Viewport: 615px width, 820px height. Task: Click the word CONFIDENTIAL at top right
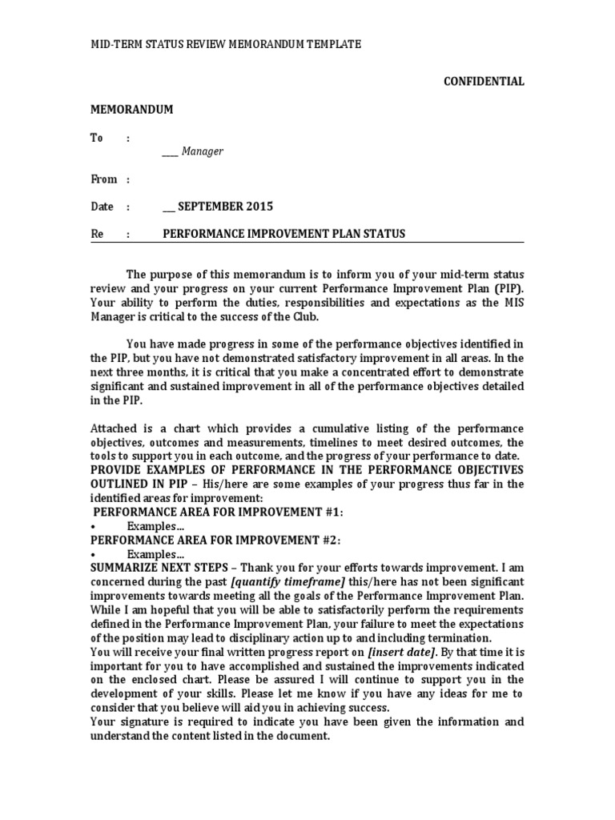[484, 81]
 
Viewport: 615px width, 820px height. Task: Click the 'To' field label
[97, 138]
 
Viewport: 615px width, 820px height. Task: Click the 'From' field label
[103, 179]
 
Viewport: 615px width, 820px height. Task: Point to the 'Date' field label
[102, 207]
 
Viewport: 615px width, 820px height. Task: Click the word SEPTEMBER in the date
[211, 207]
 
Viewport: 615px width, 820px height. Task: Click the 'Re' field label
[97, 234]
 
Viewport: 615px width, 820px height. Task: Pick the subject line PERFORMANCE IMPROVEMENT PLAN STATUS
[283, 234]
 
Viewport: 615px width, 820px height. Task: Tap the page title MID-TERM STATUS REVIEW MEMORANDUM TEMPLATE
[226, 45]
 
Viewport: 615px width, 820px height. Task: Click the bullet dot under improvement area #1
[94, 526]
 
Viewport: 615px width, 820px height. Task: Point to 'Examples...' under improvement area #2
[155, 554]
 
